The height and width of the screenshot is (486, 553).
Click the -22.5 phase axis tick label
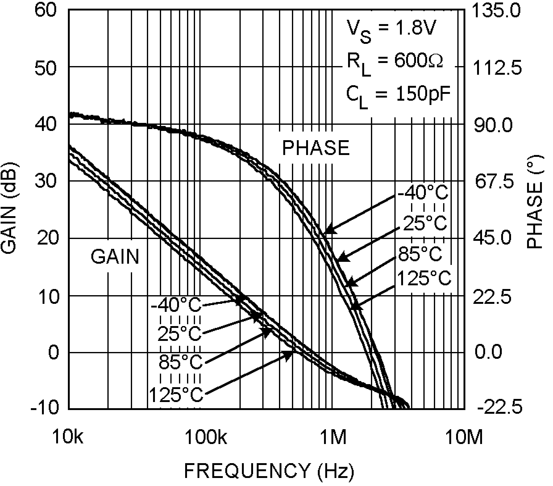[500, 408]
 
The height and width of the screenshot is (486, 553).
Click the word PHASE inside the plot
[316, 148]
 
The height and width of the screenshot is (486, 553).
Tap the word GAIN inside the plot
[115, 257]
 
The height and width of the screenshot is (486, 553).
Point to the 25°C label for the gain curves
[179, 334]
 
